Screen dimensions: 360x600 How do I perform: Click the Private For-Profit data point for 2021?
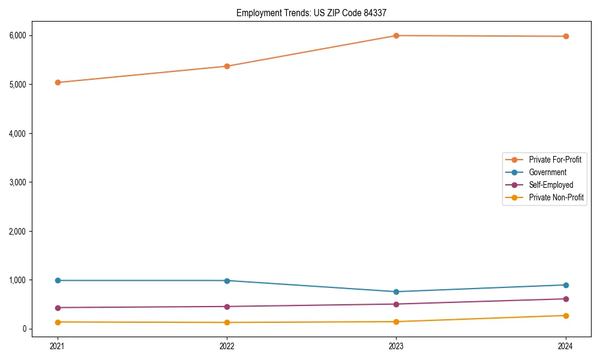(x=58, y=82)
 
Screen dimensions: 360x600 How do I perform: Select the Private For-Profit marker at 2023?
(x=396, y=35)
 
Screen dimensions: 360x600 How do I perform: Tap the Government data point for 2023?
(x=396, y=292)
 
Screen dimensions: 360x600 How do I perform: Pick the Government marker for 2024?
(x=566, y=285)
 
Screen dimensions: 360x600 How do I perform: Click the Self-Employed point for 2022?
(x=227, y=307)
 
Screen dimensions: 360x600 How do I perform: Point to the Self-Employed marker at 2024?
(x=566, y=299)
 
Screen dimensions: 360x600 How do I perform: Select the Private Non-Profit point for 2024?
(x=566, y=316)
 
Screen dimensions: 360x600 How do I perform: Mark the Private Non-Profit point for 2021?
(x=58, y=322)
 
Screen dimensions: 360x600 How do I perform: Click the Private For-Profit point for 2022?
(x=227, y=66)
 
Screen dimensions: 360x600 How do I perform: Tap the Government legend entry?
(x=547, y=172)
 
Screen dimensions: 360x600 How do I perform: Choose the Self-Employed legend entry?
(x=551, y=185)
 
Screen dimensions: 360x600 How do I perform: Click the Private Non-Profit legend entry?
(x=556, y=197)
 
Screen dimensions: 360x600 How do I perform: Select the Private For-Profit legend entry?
(x=555, y=160)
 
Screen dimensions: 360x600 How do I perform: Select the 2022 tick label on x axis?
(x=227, y=346)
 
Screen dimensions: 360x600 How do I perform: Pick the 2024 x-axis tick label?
(x=566, y=346)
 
